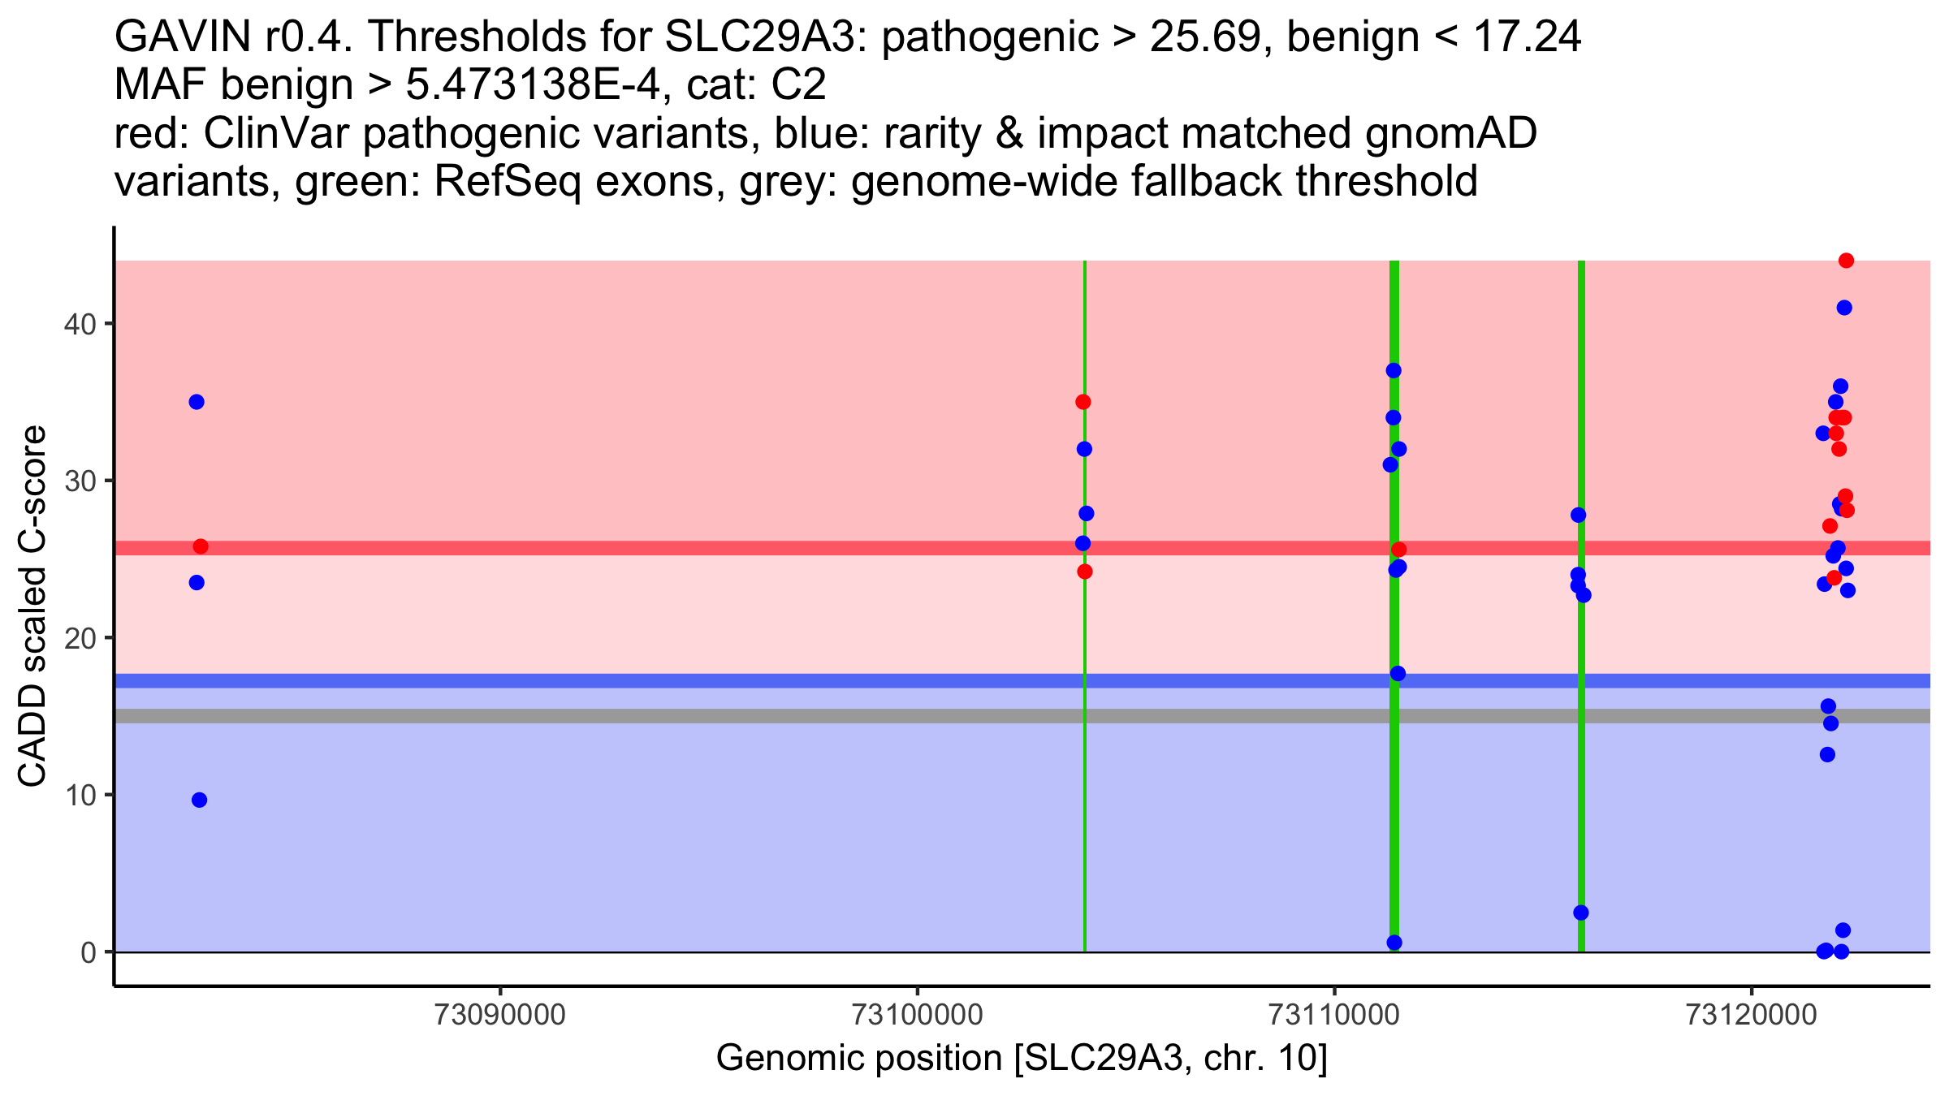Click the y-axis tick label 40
point(79,325)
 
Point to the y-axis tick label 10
point(79,796)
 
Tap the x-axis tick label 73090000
point(499,1015)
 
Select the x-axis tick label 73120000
point(1751,1015)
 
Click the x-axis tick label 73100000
point(917,1015)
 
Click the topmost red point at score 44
point(1846,261)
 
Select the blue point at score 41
point(1844,308)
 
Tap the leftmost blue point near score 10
point(199,800)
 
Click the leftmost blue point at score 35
point(197,402)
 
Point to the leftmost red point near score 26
point(201,546)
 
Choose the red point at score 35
point(1083,402)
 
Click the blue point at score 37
point(1394,370)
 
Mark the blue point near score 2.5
point(1581,913)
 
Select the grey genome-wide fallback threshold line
point(812,716)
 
